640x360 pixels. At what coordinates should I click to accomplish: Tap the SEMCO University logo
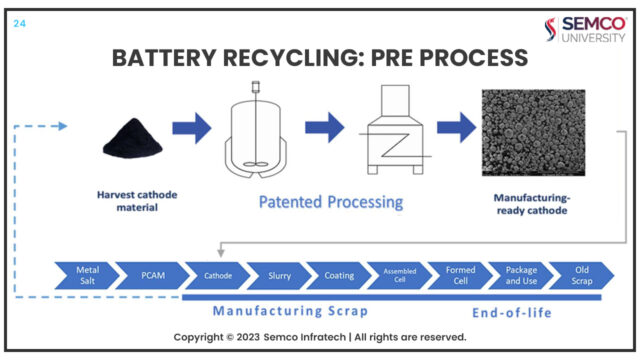click(x=587, y=30)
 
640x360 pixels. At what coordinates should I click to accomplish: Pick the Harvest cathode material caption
click(x=130, y=200)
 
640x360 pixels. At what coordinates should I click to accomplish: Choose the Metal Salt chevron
click(x=87, y=274)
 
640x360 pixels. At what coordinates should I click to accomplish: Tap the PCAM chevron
click(x=149, y=274)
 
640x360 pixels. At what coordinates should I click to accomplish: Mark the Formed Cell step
click(x=459, y=274)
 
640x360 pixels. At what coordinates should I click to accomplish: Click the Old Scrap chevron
click(x=580, y=274)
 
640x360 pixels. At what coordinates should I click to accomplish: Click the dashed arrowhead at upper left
click(x=62, y=126)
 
